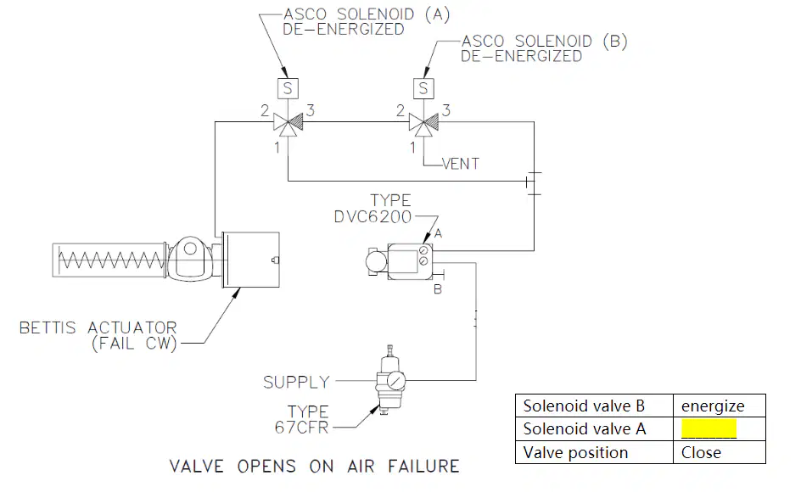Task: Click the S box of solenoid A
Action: click(x=288, y=88)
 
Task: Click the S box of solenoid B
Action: click(x=423, y=88)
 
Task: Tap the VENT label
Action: click(x=460, y=164)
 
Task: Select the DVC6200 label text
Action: click(x=372, y=217)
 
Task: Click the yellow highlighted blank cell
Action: click(x=709, y=429)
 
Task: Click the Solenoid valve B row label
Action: click(x=584, y=406)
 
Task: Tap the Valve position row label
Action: click(x=575, y=452)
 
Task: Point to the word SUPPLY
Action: click(x=296, y=382)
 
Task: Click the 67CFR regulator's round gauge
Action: click(x=396, y=381)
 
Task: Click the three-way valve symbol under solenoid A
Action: click(x=288, y=124)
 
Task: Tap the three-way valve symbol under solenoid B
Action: click(x=423, y=124)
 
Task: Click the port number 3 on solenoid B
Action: click(x=446, y=110)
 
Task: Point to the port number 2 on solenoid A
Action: click(x=265, y=110)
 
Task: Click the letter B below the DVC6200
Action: click(x=438, y=289)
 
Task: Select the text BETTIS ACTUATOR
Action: click(x=98, y=327)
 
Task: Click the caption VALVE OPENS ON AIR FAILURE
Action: click(x=315, y=467)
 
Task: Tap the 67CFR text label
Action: click(x=301, y=428)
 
